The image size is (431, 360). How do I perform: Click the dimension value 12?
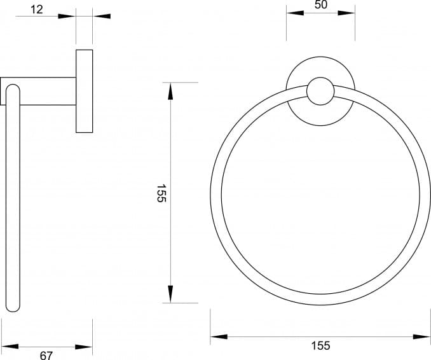(37, 10)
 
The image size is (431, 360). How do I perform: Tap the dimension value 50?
(321, 4)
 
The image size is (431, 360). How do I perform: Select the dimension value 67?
(46, 356)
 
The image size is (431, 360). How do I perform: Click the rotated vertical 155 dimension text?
(161, 193)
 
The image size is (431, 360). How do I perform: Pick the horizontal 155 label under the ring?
(321, 345)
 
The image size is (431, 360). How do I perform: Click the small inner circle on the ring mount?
(320, 91)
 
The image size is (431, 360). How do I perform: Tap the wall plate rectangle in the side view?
(85, 91)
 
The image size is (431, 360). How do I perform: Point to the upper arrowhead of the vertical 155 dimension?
(170, 91)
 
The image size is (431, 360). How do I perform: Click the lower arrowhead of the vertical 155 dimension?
(170, 294)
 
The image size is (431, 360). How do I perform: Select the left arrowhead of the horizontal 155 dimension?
(219, 336)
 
